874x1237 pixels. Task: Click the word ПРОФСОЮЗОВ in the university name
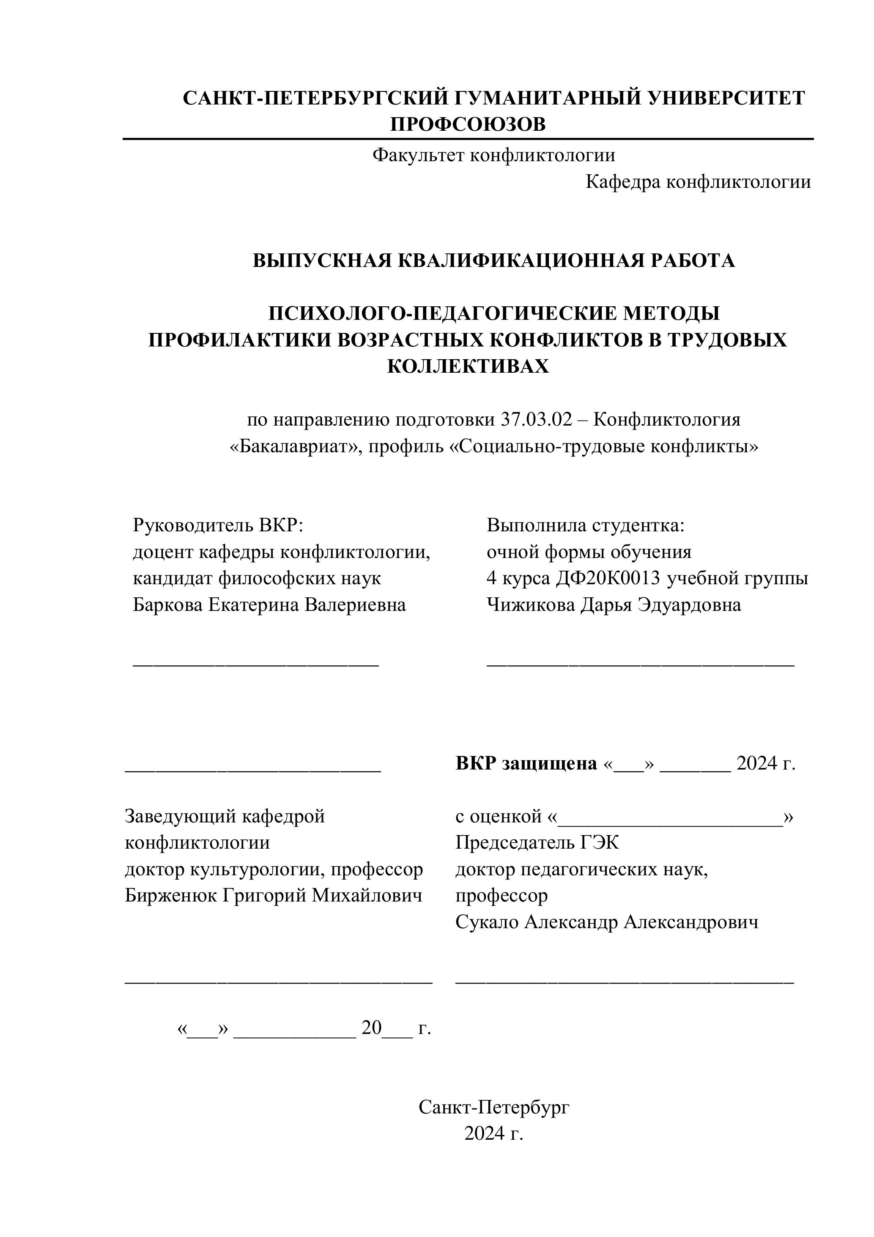(467, 125)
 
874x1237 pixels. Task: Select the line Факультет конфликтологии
(493, 156)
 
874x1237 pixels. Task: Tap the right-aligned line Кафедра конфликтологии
(698, 182)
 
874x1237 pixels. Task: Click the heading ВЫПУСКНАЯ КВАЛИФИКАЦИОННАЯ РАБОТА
(493, 261)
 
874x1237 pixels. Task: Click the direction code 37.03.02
(536, 420)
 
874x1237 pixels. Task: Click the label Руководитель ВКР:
(218, 525)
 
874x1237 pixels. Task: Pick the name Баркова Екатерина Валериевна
(269, 605)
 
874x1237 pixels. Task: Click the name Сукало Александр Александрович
(606, 922)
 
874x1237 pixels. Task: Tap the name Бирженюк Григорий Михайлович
(273, 896)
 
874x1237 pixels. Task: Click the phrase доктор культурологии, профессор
(274, 869)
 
